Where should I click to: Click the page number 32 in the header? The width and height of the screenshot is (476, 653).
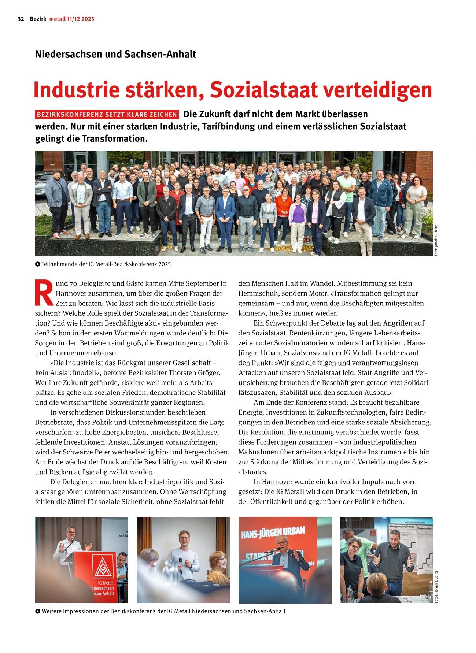point(21,19)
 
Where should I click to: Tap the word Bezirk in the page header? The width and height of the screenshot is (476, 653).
point(38,19)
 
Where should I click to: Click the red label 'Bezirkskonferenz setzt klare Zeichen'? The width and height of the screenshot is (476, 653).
point(107,115)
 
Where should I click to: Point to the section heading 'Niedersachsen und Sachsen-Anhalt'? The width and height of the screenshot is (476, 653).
point(115,54)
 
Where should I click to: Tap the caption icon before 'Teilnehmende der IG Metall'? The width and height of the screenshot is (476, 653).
point(37,264)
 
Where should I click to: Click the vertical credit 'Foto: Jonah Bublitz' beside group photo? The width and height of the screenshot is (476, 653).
point(436,240)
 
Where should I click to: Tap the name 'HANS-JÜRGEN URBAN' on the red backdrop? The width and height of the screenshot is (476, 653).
point(273,532)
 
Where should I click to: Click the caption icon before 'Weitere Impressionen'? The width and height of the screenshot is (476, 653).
point(37,611)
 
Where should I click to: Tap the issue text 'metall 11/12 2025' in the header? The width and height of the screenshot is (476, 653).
point(72,19)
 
